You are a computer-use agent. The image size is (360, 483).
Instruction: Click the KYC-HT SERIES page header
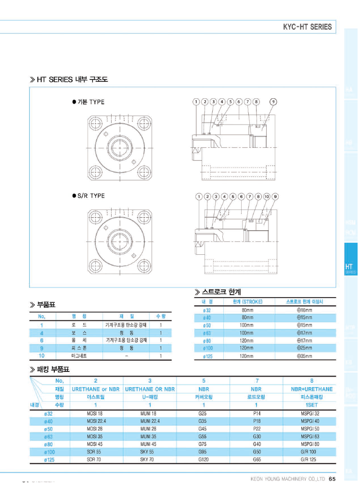(x=307, y=27)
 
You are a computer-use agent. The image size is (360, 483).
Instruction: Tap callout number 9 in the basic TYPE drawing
(x=273, y=102)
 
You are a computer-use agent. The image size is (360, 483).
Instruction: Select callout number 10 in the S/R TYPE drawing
(x=267, y=196)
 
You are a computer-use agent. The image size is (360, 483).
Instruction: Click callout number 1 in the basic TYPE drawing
(x=196, y=102)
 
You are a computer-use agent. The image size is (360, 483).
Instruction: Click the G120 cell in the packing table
(x=203, y=459)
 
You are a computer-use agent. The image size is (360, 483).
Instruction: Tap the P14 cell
(x=257, y=413)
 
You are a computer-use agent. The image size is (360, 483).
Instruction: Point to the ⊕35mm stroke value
(x=305, y=356)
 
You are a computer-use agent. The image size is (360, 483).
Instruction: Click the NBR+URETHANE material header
(x=311, y=389)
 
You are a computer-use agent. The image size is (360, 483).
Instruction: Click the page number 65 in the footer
(x=332, y=478)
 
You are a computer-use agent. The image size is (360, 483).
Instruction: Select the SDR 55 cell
(x=95, y=452)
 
